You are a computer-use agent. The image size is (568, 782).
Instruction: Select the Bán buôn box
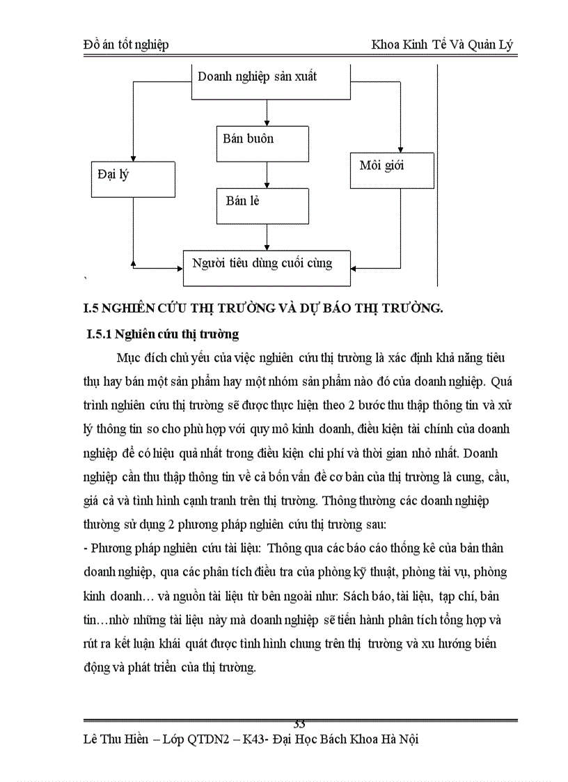tap(262, 143)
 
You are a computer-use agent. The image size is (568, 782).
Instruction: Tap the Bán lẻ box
tap(262, 205)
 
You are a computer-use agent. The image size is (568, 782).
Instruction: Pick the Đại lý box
tap(132, 179)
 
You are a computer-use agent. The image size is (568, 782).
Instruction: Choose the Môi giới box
tap(391, 171)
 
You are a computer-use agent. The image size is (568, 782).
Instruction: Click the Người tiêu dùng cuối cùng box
tap(266, 267)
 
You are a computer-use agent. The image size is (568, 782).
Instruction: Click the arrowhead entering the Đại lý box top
tap(132, 157)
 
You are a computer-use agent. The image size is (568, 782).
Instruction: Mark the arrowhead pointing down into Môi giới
tap(400, 148)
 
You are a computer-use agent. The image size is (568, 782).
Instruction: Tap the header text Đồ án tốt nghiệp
tap(125, 45)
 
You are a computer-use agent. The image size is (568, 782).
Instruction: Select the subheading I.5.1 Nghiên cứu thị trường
tap(162, 334)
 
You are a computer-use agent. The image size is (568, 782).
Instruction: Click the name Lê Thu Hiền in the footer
tap(115, 740)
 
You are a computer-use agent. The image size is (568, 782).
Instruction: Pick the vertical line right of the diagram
tap(438, 174)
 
